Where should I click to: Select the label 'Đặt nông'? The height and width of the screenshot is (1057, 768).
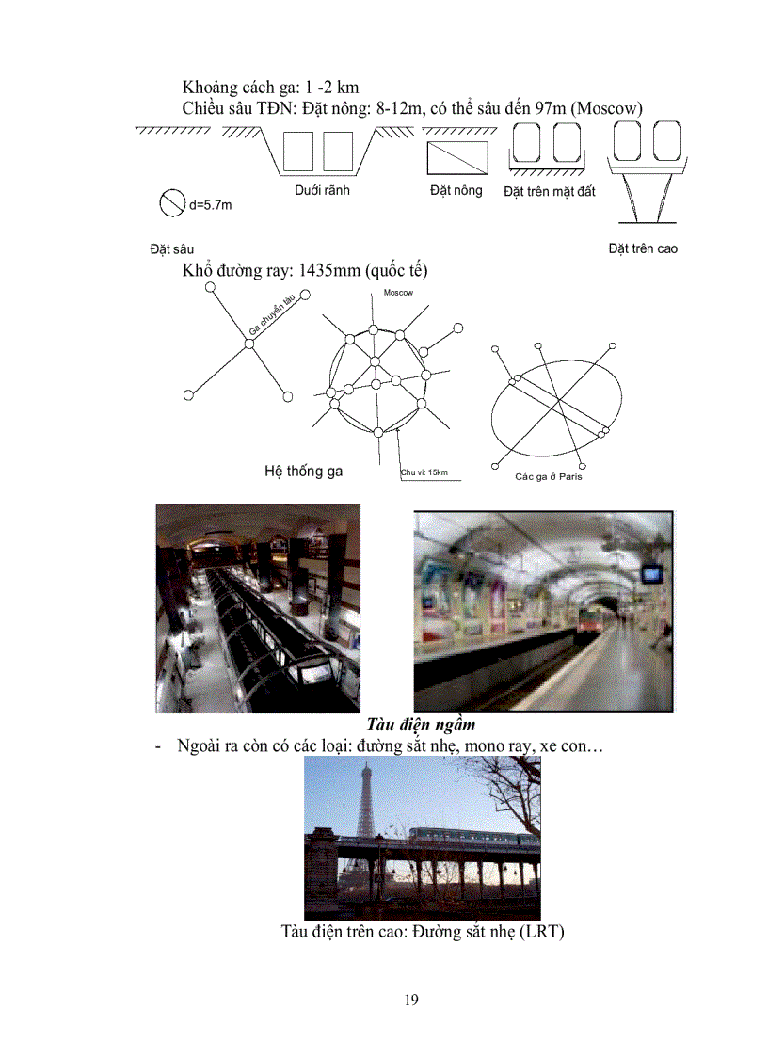pos(456,191)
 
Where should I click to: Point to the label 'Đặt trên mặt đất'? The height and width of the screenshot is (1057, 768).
pos(550,192)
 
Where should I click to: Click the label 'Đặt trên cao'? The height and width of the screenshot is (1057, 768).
pos(643,248)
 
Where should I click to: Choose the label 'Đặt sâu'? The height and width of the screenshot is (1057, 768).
pos(171,249)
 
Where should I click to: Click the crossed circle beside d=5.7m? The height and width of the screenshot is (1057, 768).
pos(171,203)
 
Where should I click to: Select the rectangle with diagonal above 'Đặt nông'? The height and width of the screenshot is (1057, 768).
pos(458,157)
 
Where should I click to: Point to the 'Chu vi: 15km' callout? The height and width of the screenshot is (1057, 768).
pos(424,472)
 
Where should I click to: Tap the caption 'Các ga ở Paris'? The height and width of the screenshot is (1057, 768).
pos(549,476)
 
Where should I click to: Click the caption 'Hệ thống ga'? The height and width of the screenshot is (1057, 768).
pos(303,471)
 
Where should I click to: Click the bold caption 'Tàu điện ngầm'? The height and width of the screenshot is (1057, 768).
pos(420,725)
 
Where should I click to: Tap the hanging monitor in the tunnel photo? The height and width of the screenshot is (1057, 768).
pos(651,573)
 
